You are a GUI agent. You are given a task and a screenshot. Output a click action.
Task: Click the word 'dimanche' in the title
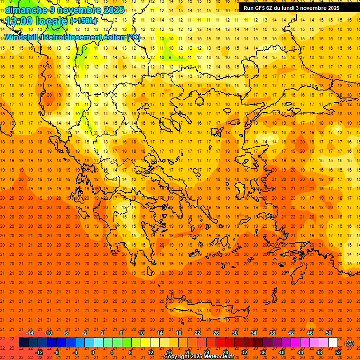point(26,10)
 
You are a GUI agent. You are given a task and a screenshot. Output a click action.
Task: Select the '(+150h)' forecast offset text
point(83,21)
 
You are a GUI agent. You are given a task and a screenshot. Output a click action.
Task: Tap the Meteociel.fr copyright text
point(199,357)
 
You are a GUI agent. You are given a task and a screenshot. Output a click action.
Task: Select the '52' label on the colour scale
point(338,352)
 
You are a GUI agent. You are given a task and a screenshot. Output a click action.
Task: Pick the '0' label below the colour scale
point(93,352)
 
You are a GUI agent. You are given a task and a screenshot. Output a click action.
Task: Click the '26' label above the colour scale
point(216,332)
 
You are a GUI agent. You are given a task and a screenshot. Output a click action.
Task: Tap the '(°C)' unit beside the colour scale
point(349,343)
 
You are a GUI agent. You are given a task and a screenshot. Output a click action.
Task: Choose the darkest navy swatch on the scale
point(23,343)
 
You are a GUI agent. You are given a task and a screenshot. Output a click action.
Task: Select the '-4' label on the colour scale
point(75,352)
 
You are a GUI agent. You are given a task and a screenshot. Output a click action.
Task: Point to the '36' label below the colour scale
point(263,352)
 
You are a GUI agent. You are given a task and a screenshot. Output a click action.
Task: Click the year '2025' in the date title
point(114,10)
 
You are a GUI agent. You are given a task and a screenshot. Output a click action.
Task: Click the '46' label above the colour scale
point(310,332)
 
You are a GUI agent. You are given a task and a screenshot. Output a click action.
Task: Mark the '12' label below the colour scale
point(150,352)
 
